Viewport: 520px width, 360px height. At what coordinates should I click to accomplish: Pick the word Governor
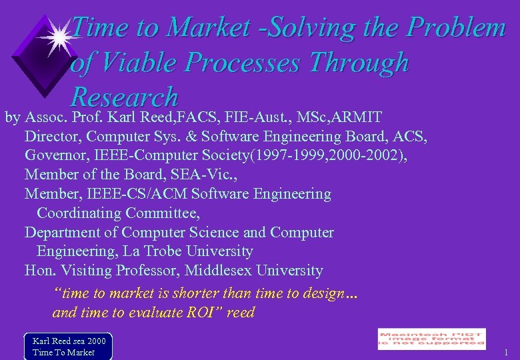56,156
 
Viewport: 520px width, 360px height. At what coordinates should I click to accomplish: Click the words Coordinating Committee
118,213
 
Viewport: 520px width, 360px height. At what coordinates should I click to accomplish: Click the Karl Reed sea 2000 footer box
68,346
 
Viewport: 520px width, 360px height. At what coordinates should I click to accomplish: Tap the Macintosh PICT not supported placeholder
431,339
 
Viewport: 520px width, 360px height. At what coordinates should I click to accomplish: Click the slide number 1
506,352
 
